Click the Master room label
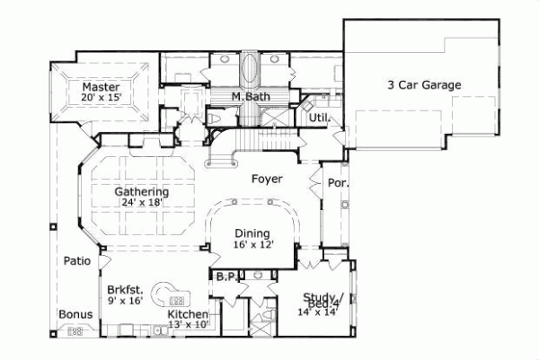[101, 85]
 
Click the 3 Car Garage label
[424, 85]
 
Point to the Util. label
[319, 118]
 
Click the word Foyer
[267, 179]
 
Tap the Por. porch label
[338, 182]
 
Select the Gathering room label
[141, 191]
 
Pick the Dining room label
[252, 232]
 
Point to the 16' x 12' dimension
[252, 242]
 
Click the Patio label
[75, 261]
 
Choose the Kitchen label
[189, 314]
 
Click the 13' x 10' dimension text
[189, 324]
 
